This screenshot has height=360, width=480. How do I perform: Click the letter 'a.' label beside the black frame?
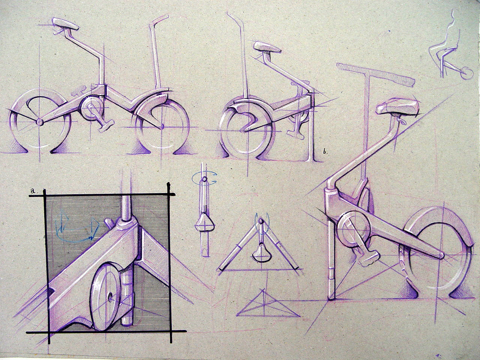[x=33, y=191]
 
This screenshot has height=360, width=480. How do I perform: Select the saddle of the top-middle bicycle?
[x=267, y=48]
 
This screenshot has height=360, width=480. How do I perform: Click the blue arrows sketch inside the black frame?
[x=77, y=227]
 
